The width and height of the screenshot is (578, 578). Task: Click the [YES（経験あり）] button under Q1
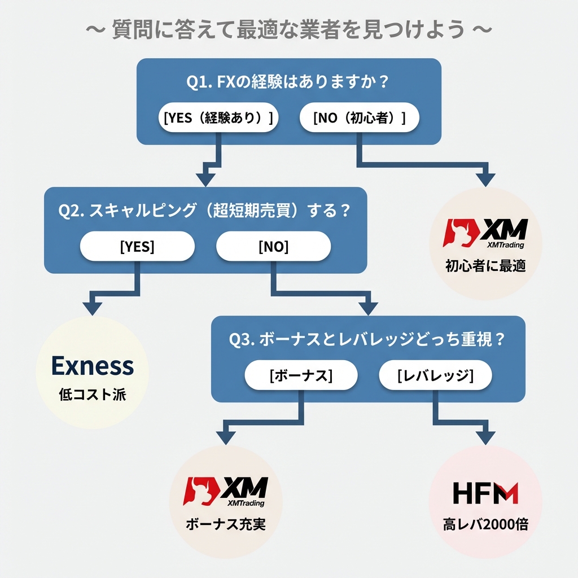point(218,118)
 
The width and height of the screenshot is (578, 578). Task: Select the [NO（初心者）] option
point(359,118)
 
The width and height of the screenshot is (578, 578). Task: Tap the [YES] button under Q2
point(137,247)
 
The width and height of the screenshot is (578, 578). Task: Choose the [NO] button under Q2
point(273,247)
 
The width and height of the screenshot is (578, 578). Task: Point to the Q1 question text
point(288,82)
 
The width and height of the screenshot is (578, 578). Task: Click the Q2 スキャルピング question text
point(204,211)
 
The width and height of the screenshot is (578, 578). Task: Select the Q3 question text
point(367,340)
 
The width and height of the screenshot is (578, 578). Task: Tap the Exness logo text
point(93,366)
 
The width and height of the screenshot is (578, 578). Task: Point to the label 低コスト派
point(93,395)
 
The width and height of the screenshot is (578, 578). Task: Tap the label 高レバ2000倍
point(485,524)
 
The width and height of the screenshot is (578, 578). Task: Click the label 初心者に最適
point(485,266)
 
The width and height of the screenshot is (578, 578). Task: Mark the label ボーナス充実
point(225,524)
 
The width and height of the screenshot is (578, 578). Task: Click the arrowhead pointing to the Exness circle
point(93,308)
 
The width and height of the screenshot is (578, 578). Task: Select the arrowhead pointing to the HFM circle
point(485,437)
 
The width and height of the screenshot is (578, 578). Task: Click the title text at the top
point(288,30)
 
